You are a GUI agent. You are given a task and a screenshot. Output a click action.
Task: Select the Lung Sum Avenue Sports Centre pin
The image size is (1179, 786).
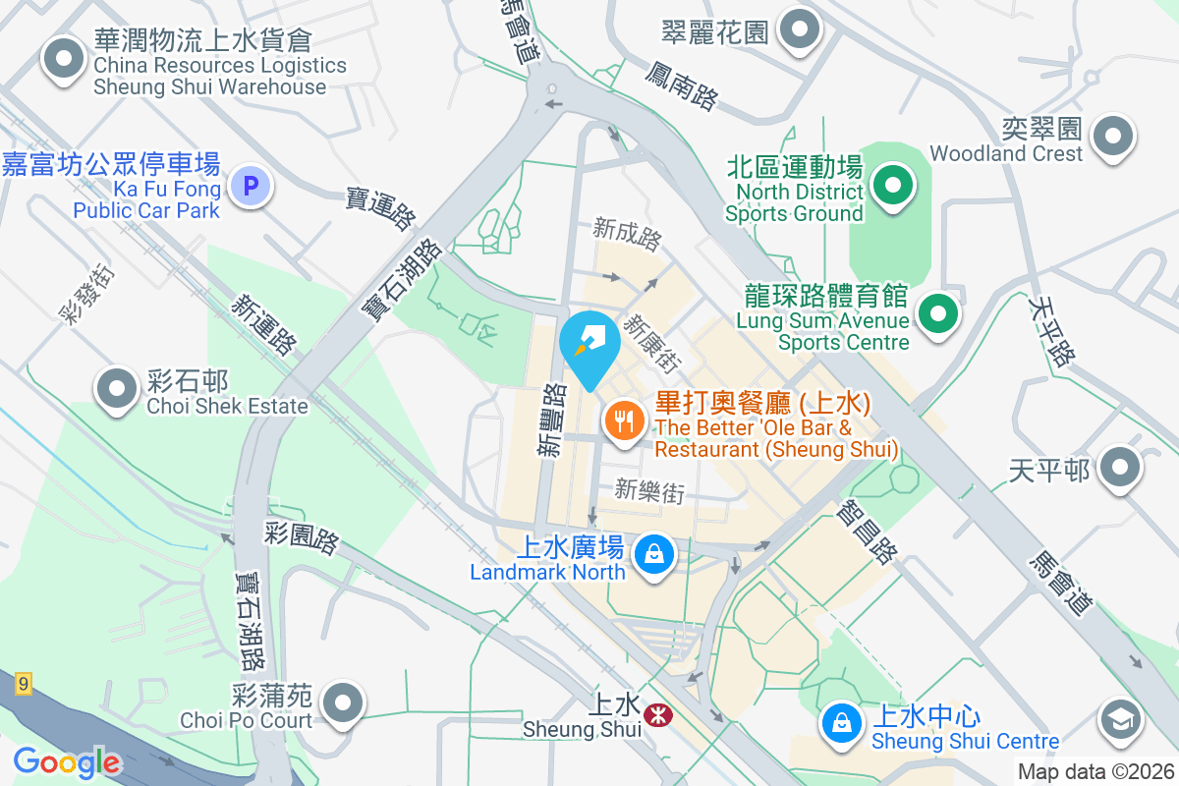pyautogui.click(x=938, y=314)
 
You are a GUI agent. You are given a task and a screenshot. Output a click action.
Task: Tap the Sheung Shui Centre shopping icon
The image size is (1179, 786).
pyautogui.click(x=841, y=722)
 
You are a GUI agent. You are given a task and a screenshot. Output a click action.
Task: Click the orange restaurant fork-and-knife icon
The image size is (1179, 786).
pyautogui.click(x=624, y=423)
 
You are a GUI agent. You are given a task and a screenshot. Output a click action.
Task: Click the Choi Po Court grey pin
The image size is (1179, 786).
pyautogui.click(x=343, y=702)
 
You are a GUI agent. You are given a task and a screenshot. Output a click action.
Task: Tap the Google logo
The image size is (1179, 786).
pyautogui.click(x=67, y=762)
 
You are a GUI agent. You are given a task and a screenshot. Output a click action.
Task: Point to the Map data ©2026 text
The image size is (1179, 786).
pyautogui.click(x=1095, y=772)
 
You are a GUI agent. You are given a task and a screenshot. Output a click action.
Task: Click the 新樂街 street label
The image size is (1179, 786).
pyautogui.click(x=649, y=490)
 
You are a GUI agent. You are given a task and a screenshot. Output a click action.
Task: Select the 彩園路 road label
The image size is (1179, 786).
pyautogui.click(x=302, y=537)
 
